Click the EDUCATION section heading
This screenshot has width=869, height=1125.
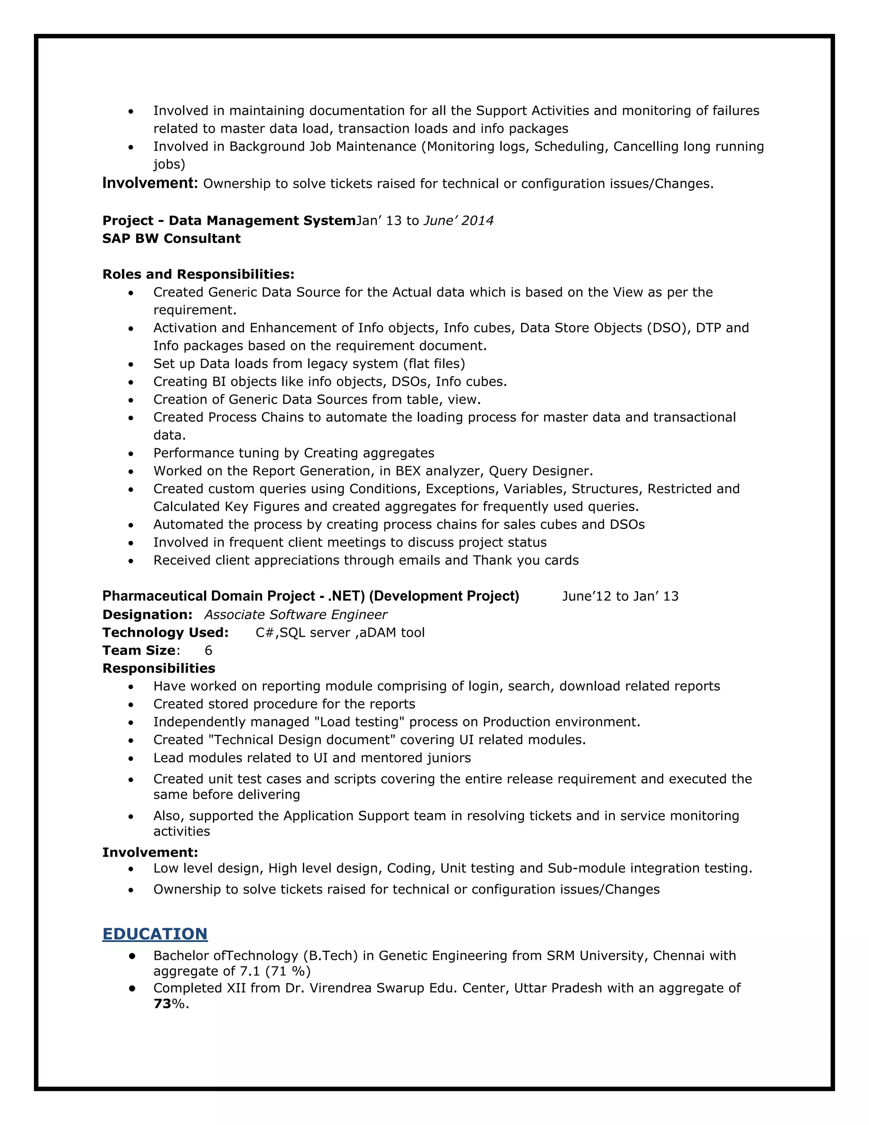pos(154,934)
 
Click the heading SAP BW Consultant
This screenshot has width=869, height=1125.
pos(171,239)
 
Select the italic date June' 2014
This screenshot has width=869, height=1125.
pos(458,221)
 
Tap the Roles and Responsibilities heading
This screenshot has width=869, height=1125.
pos(198,274)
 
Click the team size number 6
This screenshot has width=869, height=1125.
pos(208,650)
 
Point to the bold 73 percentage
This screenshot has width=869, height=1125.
pos(162,1004)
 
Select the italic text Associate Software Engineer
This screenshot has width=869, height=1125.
pos(295,615)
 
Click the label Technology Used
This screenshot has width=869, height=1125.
pos(165,633)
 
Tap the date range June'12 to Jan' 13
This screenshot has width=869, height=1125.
pos(620,596)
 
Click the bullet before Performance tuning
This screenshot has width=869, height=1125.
pos(131,454)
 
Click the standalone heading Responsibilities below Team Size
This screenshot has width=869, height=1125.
pos(159,669)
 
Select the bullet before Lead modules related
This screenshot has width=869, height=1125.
pos(131,759)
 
